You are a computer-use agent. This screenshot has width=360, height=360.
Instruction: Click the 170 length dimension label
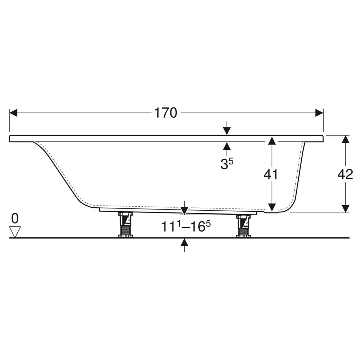(166, 113)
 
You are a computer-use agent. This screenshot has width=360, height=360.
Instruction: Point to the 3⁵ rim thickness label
(227, 163)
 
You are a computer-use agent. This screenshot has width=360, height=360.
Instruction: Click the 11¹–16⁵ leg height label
(186, 226)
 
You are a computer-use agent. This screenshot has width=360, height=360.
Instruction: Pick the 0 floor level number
(15, 219)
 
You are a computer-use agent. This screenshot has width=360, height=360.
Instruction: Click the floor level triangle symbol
(15, 232)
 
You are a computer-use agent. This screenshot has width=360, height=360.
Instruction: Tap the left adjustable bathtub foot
(125, 225)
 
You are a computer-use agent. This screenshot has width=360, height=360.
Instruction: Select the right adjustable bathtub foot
(243, 226)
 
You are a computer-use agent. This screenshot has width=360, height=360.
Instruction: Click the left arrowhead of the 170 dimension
(13, 113)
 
